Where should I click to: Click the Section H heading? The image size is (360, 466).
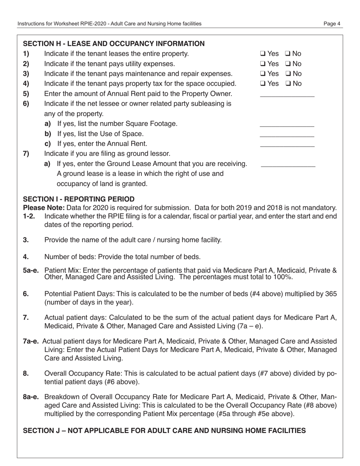pyautogui.click(x=114, y=44)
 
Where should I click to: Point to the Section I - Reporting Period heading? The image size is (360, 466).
pyautogui.click(x=79, y=199)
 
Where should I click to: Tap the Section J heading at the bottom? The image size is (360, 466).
pyautogui.click(x=164, y=430)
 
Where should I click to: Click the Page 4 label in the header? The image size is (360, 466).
pyautogui.click(x=332, y=24)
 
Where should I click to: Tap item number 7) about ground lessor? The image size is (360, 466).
pyautogui.click(x=26, y=154)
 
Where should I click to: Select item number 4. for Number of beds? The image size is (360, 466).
pyautogui.click(x=25, y=257)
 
